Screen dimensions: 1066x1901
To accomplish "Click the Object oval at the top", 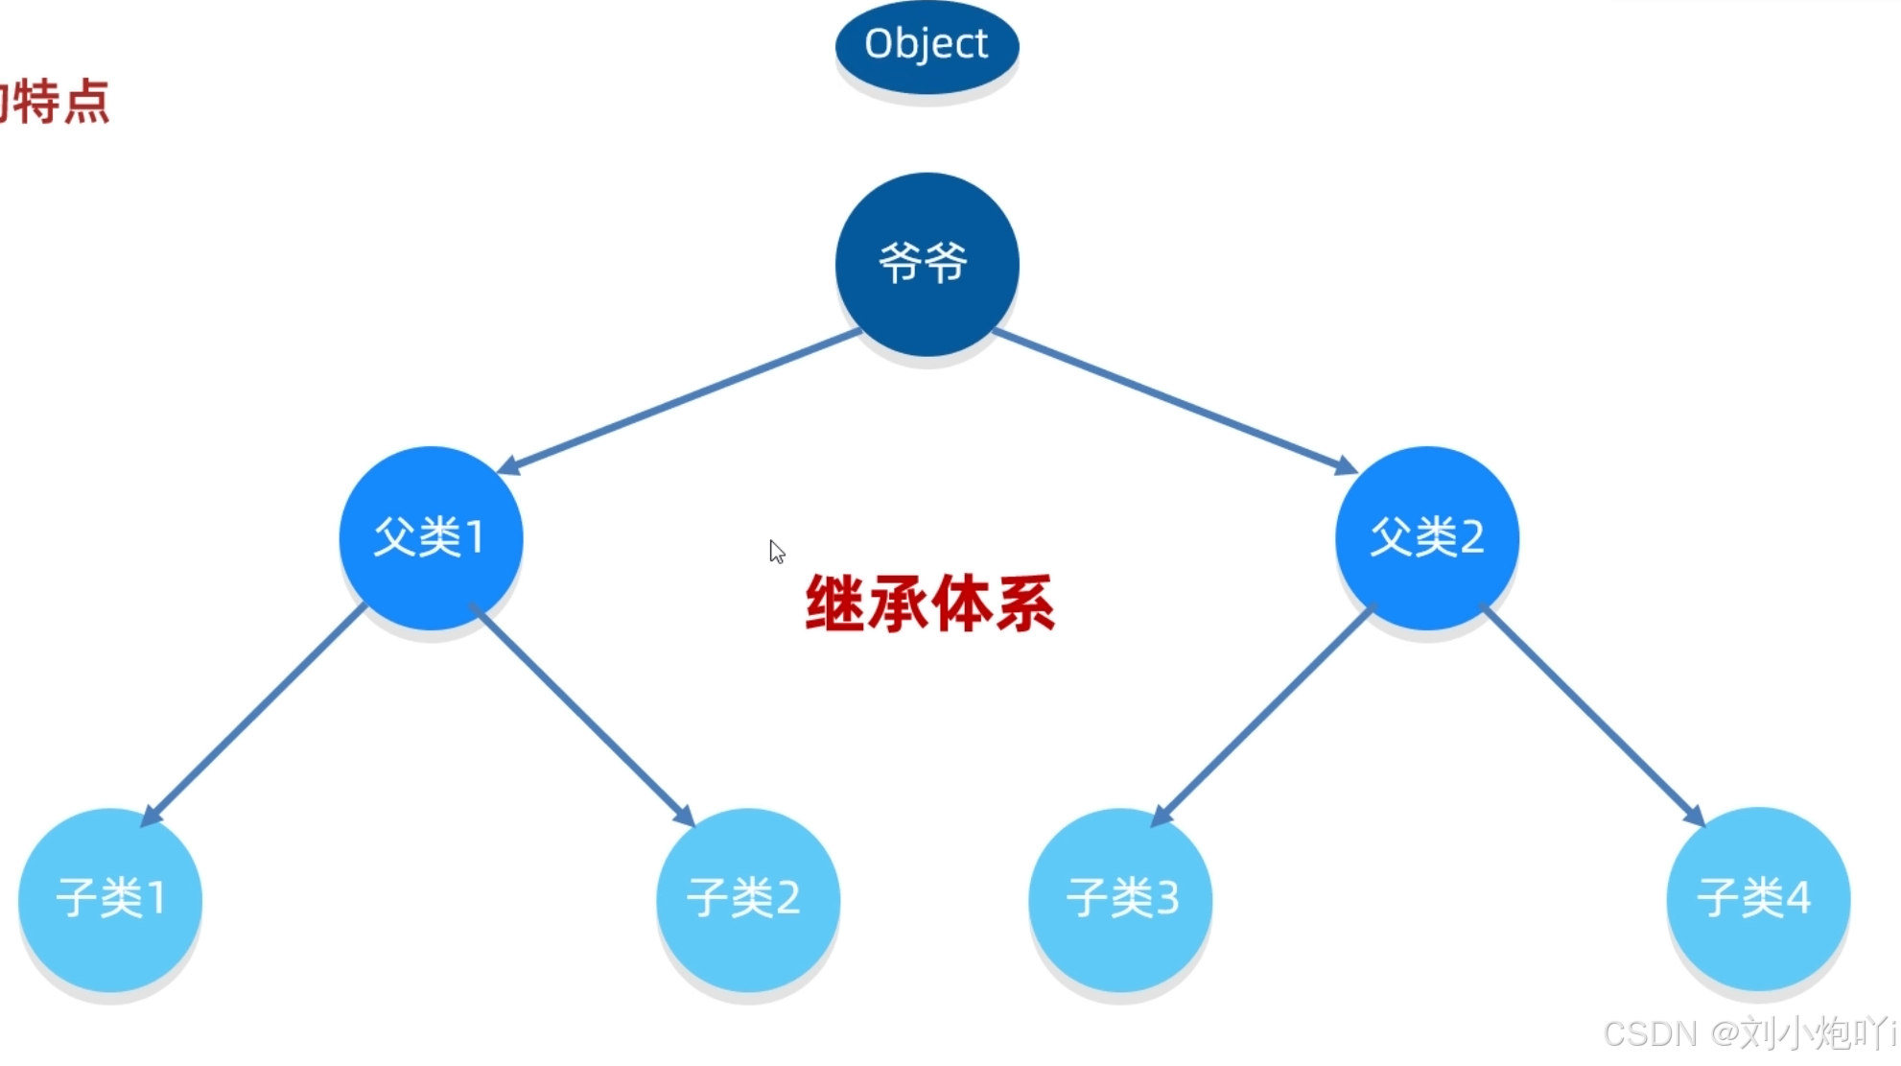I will click(x=927, y=45).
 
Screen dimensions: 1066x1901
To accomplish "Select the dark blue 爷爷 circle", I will click(x=927, y=264).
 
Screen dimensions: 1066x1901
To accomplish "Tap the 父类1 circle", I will click(x=431, y=537).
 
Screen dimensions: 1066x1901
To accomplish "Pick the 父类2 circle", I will click(x=1426, y=537).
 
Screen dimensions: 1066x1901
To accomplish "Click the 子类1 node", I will click(x=110, y=899).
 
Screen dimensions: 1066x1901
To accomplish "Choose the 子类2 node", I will click(x=747, y=899).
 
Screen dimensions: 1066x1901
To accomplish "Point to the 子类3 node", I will click(x=1120, y=899).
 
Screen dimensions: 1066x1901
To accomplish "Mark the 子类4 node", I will click(x=1757, y=899).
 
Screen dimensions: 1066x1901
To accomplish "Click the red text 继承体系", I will click(x=929, y=604).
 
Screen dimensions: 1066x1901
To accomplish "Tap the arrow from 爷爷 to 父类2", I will click(x=1175, y=400).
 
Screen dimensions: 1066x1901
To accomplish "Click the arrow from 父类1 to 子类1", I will click(x=254, y=715).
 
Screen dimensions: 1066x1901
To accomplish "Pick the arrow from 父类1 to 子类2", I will click(x=581, y=715).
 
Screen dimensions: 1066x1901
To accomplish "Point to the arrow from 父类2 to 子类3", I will click(x=1264, y=715).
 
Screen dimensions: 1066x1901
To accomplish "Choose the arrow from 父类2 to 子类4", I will click(x=1592, y=715).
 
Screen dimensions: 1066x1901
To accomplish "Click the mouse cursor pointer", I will click(x=776, y=551).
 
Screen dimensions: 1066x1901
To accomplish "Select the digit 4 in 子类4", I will click(x=1798, y=898).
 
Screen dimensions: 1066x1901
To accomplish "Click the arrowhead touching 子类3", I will click(x=1162, y=816).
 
